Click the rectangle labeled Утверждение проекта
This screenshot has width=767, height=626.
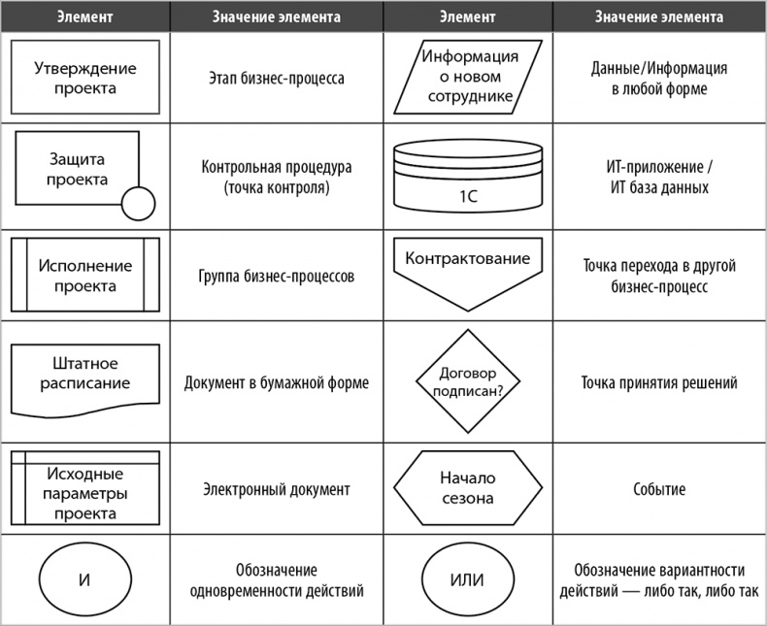(x=84, y=79)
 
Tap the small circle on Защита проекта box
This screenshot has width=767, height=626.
(x=139, y=204)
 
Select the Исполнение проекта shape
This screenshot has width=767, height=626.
(x=84, y=276)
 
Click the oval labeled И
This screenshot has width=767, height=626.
(x=84, y=581)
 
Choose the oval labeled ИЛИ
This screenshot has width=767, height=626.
(x=467, y=581)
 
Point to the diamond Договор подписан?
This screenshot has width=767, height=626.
(x=467, y=381)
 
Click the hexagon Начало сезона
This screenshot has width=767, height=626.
(x=467, y=488)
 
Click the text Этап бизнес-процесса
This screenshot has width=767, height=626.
(x=276, y=79)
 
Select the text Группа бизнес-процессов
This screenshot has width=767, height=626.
(x=277, y=277)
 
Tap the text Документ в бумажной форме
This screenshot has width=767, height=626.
(x=277, y=382)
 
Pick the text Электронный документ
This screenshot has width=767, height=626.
(x=277, y=490)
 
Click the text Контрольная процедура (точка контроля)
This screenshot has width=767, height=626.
(x=277, y=177)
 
